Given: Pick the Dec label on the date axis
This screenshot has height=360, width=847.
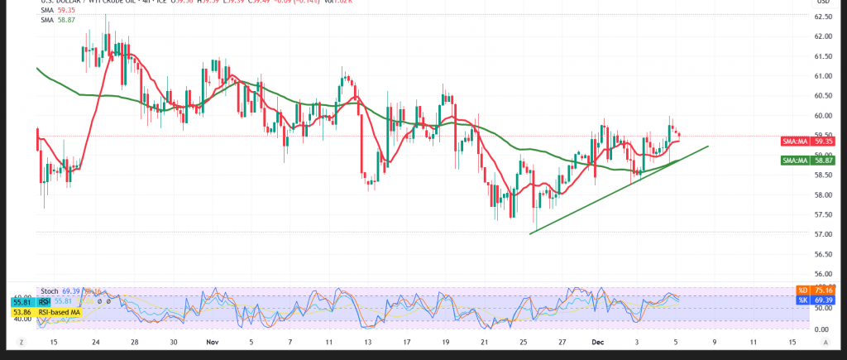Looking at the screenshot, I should tap(599, 341).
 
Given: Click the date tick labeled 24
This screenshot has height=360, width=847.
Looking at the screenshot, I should tap(97, 341).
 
